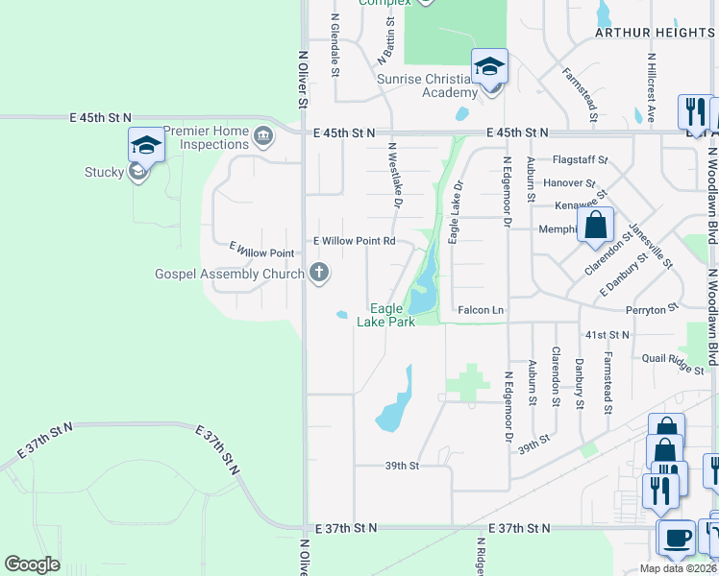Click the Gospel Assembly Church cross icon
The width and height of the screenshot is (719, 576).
pyautogui.click(x=319, y=274)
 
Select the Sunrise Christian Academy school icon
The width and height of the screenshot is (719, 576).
pyautogui.click(x=489, y=67)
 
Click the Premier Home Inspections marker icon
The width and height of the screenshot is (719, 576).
pyautogui.click(x=263, y=138)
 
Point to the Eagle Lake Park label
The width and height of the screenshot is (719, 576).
pyautogui.click(x=386, y=315)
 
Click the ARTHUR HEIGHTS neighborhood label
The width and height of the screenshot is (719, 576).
pyautogui.click(x=654, y=33)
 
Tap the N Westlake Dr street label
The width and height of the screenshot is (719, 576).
pyautogui.click(x=393, y=175)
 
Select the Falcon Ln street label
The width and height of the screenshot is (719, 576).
pyautogui.click(x=481, y=310)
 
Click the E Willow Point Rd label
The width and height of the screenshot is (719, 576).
pyautogui.click(x=355, y=241)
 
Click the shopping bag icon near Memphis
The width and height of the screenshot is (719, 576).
pyautogui.click(x=596, y=228)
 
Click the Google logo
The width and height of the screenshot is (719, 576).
pyautogui.click(x=32, y=564)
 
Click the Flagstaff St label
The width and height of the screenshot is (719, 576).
pyautogui.click(x=581, y=159)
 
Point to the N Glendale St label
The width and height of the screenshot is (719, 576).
pyautogui.click(x=335, y=44)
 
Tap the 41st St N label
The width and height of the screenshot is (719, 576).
pyautogui.click(x=607, y=334)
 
